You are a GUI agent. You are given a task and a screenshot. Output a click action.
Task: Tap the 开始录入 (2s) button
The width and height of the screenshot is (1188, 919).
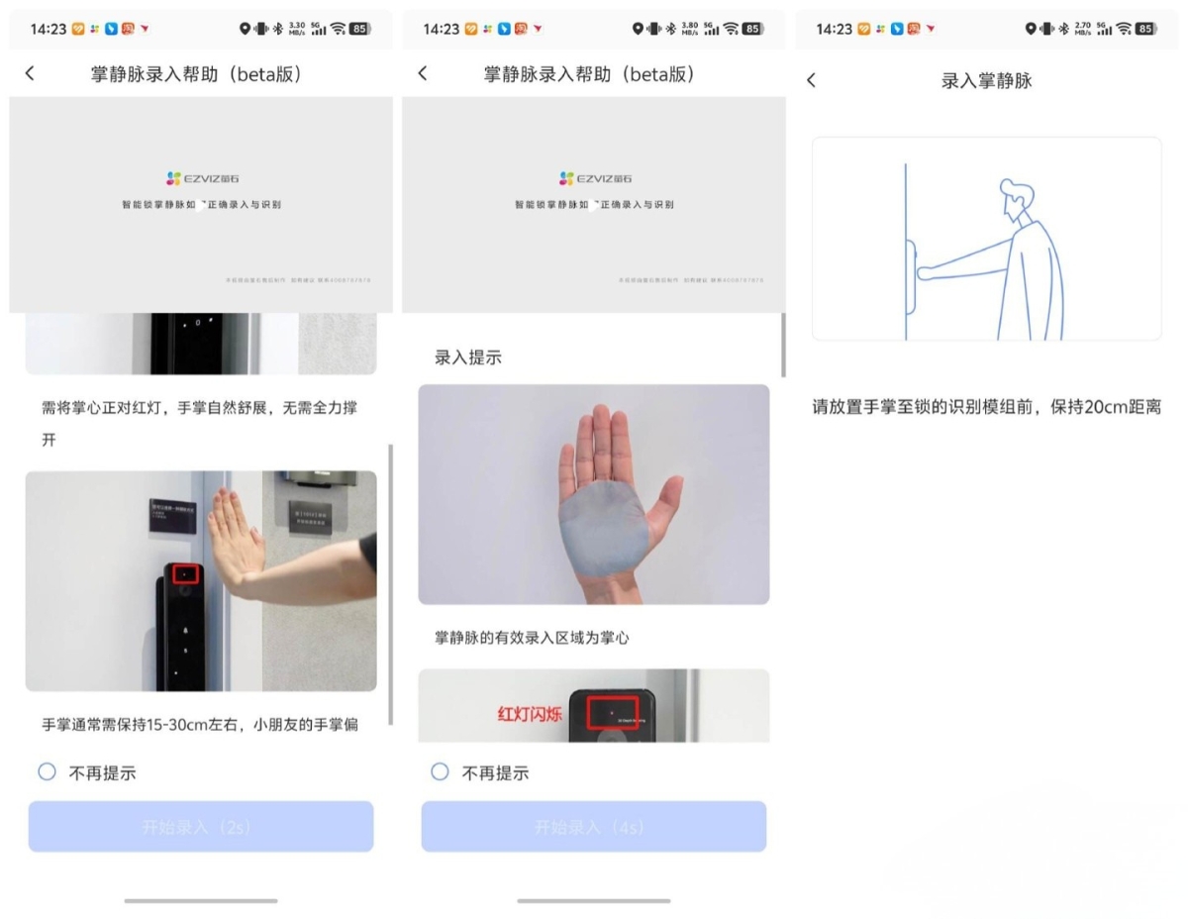pos(200,827)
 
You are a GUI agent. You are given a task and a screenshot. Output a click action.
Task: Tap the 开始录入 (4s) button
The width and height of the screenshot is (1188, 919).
pos(593,827)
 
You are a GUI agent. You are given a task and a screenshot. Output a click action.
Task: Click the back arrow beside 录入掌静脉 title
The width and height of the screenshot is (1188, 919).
pos(812,81)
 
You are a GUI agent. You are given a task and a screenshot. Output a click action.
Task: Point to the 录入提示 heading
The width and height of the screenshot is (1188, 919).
pos(468,357)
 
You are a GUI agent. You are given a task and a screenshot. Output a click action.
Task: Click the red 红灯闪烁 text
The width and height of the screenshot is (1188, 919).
pos(530,713)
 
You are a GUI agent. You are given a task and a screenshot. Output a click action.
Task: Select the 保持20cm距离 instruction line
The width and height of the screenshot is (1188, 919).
pos(986,407)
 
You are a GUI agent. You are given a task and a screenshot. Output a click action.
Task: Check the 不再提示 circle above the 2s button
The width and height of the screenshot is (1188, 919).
pos(47,772)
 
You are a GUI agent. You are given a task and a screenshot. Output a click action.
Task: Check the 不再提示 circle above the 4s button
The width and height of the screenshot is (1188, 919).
pos(441,772)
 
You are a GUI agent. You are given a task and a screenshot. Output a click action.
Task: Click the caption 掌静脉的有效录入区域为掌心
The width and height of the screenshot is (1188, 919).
pos(532,638)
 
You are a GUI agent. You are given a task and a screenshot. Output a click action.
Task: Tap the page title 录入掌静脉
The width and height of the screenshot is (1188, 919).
pos(986,81)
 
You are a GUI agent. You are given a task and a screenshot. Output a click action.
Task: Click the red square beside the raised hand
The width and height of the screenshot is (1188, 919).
pos(185,574)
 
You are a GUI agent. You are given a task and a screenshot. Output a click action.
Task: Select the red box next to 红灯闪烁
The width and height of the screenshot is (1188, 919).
pos(613,713)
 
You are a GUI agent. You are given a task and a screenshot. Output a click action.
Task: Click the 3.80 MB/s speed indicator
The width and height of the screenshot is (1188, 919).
pos(690,29)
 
